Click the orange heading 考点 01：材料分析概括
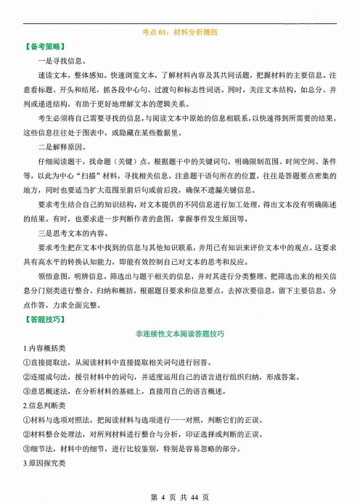pyautogui.click(x=179, y=33)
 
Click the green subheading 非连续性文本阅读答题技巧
pyautogui.click(x=179, y=334)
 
